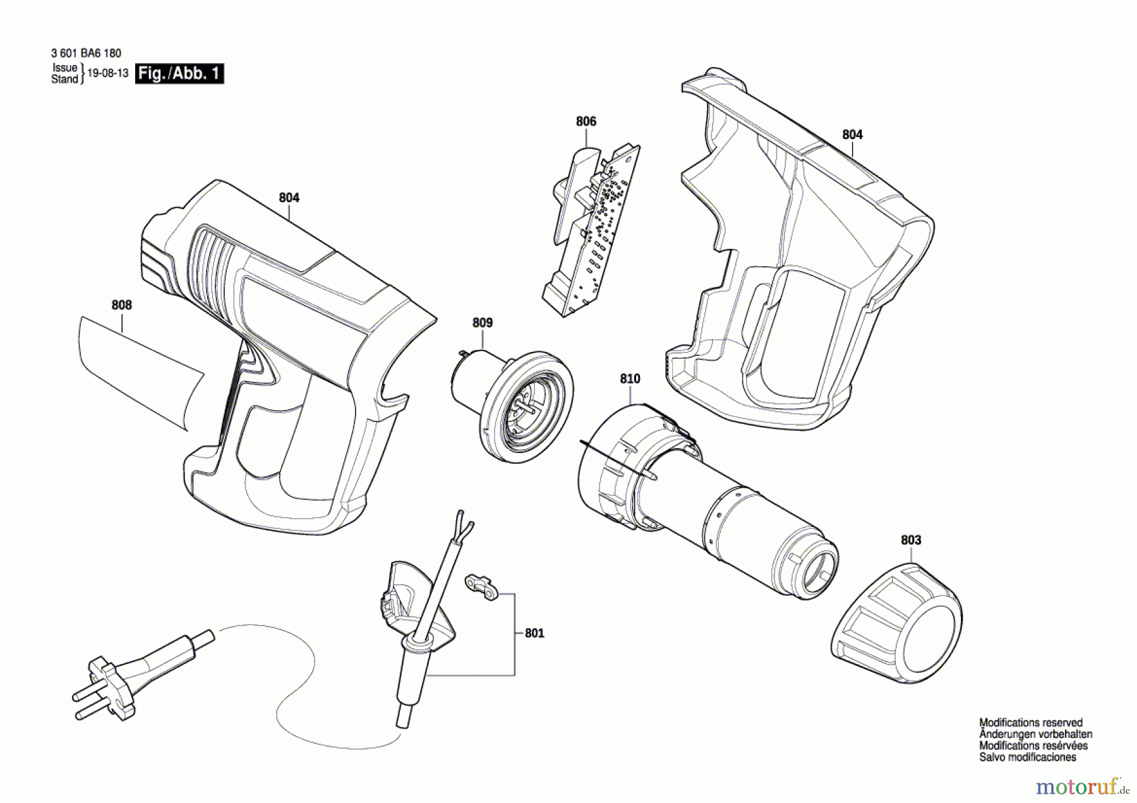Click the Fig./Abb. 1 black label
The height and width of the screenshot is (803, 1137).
pos(180,73)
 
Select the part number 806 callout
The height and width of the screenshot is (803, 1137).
pos(586,121)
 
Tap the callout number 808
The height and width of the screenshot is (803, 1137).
pos(122,305)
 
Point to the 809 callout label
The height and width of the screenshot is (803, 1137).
pos(483,323)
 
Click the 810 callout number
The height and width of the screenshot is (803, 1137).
pos(630,378)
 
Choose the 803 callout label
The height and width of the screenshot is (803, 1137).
pos(911,540)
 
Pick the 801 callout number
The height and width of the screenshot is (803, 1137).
pos(534,633)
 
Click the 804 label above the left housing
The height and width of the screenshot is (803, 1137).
pos(289,198)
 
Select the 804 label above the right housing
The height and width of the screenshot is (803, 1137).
pos(852,135)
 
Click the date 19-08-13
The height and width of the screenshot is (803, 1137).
pos(108,73)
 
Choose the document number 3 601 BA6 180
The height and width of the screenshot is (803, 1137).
pos(86,54)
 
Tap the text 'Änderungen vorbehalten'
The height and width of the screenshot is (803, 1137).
pos(1036,734)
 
